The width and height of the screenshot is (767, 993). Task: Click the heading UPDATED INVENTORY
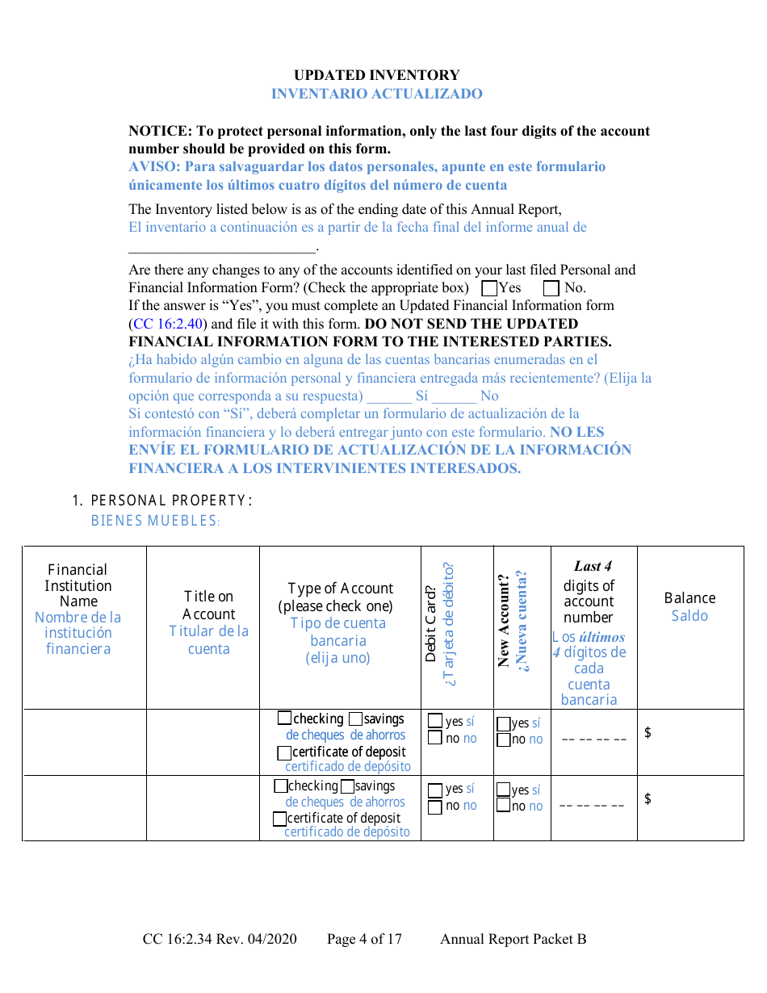click(x=376, y=75)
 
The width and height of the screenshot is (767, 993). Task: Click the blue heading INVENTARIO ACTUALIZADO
click(x=376, y=94)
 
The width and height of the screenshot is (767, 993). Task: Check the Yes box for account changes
click(x=488, y=288)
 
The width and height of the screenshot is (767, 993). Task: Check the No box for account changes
click(x=551, y=288)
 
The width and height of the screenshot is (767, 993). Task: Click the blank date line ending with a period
click(x=222, y=246)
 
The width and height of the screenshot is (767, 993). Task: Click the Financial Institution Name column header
click(x=78, y=585)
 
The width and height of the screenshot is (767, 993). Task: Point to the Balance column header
click(x=689, y=598)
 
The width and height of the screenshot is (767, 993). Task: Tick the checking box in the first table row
click(x=284, y=718)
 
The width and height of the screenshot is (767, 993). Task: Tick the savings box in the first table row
click(x=355, y=719)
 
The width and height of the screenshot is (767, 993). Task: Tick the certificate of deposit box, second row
click(x=279, y=819)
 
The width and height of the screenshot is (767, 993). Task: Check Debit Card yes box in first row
click(x=435, y=721)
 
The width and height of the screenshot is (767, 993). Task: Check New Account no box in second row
click(x=504, y=806)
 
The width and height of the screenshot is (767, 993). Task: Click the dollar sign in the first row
click(x=648, y=733)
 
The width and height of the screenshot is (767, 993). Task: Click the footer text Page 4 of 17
click(x=364, y=939)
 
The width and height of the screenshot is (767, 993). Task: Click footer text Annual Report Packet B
click(x=513, y=939)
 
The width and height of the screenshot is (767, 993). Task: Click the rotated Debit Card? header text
click(x=431, y=626)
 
